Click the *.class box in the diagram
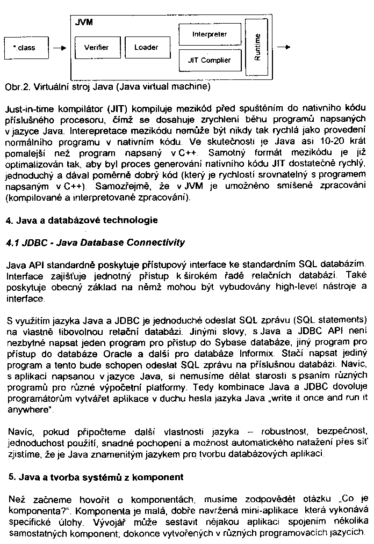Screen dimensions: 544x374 coord(25,48)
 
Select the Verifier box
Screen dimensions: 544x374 coord(96,48)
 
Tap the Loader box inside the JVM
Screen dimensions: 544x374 coord(146,48)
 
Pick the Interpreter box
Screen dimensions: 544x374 coord(209,34)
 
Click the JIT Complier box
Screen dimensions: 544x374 coord(209,61)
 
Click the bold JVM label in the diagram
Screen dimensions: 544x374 coord(82,23)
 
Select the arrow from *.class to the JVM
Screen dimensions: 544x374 coord(60,48)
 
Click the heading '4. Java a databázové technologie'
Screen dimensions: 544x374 coord(81,220)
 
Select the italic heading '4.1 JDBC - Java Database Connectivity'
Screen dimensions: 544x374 coord(95,242)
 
